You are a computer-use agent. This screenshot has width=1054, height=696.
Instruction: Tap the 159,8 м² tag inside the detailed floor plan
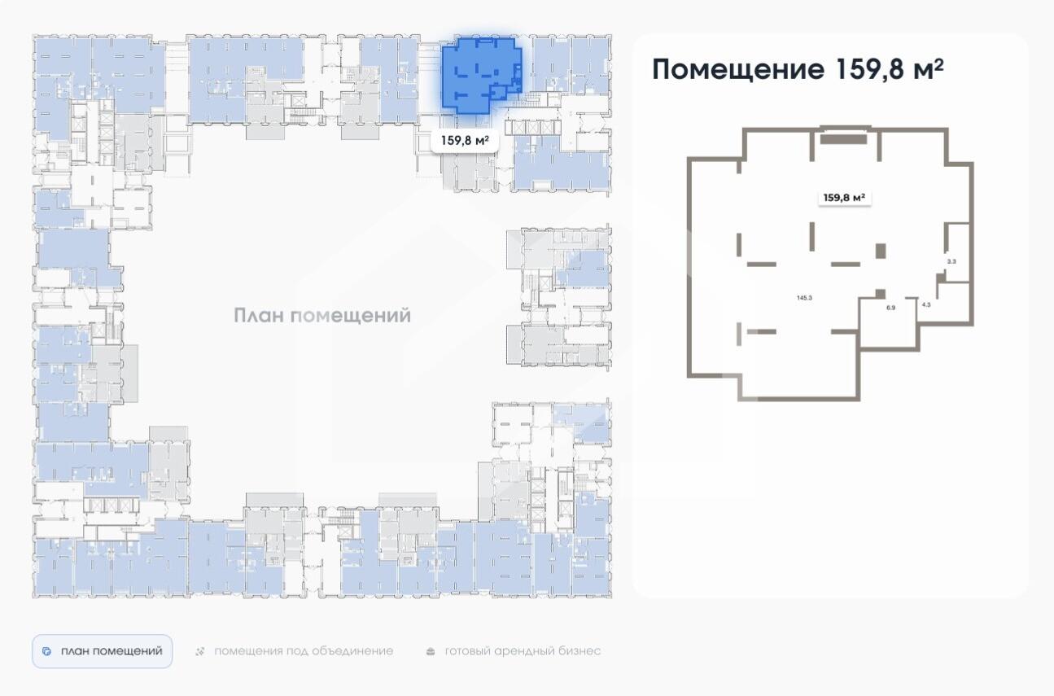click(843, 197)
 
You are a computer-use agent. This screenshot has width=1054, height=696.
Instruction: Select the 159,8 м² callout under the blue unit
click(465, 140)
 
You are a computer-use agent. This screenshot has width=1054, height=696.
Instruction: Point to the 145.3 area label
click(804, 298)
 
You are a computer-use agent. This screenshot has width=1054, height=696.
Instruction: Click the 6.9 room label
click(890, 308)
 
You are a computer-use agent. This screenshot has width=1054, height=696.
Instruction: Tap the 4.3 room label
click(926, 304)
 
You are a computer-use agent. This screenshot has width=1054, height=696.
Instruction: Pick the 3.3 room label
click(951, 261)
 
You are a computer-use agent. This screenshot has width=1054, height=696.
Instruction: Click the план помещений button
click(103, 651)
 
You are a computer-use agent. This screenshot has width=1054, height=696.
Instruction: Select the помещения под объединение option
click(303, 651)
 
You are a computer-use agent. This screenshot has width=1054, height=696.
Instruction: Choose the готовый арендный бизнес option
click(522, 651)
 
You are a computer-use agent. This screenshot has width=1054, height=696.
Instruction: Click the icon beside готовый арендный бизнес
click(431, 651)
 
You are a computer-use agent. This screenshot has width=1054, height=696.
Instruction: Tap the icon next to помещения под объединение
click(200, 651)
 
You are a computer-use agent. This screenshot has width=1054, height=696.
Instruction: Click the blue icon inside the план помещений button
click(47, 652)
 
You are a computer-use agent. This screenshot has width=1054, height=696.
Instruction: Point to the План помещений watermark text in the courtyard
click(322, 316)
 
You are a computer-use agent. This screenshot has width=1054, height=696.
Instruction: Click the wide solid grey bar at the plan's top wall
click(843, 139)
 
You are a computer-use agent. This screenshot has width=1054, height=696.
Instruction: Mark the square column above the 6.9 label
click(881, 293)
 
